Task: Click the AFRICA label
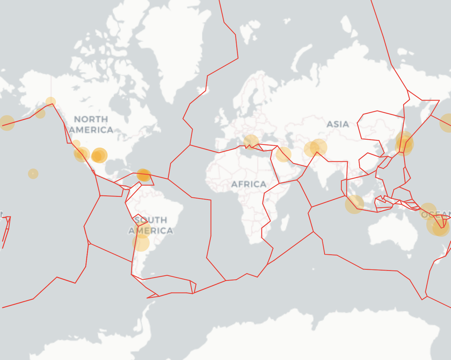[x=249, y=184]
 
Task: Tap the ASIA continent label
[x=338, y=124]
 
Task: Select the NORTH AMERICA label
[x=91, y=125]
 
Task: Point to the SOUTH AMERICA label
[x=151, y=225]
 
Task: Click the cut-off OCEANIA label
[x=436, y=214]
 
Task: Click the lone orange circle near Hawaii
[x=33, y=174]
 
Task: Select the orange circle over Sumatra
[x=354, y=204]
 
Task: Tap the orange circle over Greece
[x=251, y=142]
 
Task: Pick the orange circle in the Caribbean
[x=144, y=175]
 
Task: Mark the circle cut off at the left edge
[x=6, y=123]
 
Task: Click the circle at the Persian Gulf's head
[x=283, y=154]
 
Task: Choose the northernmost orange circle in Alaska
[x=51, y=102]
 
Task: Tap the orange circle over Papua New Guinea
[x=428, y=211]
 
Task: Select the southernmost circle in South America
[x=141, y=242]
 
